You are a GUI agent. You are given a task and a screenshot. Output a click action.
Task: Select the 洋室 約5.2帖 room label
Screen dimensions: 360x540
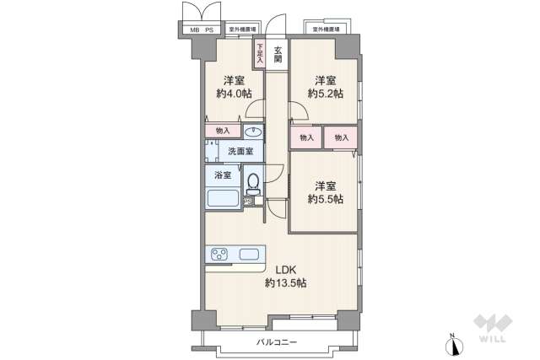(325, 87)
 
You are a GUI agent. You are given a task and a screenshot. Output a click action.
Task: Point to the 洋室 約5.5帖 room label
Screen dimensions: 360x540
(325, 192)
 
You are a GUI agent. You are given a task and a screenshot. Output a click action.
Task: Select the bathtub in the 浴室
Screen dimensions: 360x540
(224, 200)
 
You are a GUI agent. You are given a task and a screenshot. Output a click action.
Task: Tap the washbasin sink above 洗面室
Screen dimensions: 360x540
(252, 132)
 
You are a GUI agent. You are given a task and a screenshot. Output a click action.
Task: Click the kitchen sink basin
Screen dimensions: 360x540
(251, 255)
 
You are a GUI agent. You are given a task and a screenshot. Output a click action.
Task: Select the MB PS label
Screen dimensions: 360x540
(201, 30)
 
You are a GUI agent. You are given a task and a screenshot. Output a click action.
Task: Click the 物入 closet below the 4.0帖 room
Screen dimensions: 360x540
(224, 132)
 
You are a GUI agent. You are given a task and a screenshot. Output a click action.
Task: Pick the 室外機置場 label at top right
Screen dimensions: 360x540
(327, 30)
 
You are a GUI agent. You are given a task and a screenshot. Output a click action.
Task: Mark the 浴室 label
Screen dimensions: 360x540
(222, 175)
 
